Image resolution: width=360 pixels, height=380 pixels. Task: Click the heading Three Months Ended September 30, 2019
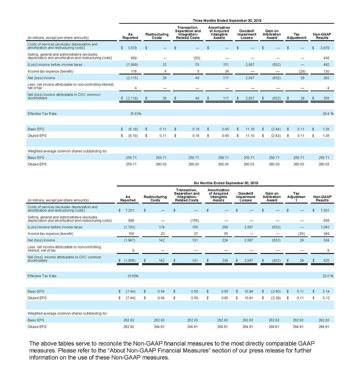click(227, 21)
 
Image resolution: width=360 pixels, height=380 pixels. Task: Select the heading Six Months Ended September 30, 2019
click(226, 183)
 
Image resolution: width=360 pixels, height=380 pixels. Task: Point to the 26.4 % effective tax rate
click(328, 114)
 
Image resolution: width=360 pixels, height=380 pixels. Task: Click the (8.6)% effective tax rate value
click(133, 276)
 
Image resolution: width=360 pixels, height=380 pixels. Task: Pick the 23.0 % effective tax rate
click(328, 276)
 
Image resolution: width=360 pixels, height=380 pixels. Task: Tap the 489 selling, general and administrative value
click(134, 58)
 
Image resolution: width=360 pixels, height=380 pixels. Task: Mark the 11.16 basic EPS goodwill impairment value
click(250, 129)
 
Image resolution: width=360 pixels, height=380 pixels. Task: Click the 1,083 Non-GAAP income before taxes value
click(325, 227)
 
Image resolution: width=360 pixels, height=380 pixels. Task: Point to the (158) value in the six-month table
click(194, 221)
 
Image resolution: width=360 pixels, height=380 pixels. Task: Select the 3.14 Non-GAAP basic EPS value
click(326, 291)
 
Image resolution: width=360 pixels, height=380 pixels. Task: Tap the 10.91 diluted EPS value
click(249, 298)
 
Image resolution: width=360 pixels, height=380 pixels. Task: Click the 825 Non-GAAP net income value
click(326, 260)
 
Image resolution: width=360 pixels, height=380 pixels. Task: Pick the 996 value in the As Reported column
click(131, 221)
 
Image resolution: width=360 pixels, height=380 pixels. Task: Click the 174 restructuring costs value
click(161, 227)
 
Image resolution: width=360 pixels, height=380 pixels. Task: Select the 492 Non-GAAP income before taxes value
click(326, 65)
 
